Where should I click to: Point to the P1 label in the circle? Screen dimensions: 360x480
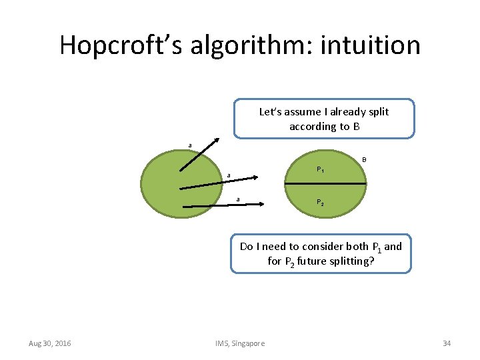[x=320, y=169]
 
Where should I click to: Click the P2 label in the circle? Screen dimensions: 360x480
[x=320, y=203]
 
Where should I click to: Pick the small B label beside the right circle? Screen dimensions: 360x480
[x=364, y=159]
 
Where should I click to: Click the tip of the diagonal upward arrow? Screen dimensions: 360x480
[x=219, y=139]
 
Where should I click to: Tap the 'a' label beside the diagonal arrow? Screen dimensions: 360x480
[x=190, y=145]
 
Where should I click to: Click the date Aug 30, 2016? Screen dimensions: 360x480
[x=50, y=343]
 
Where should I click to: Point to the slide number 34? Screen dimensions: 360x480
[x=447, y=343]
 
